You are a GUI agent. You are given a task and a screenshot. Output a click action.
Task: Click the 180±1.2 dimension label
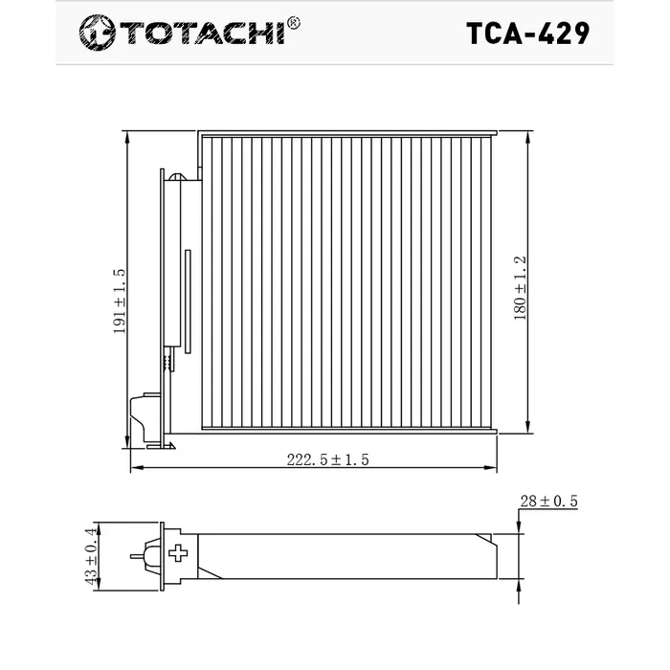click(x=521, y=285)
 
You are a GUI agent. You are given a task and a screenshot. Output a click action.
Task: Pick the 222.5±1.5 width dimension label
click(x=328, y=459)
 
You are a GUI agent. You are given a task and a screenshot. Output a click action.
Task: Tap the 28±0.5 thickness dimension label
click(x=548, y=501)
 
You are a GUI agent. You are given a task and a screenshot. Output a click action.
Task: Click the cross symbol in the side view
click(x=178, y=554)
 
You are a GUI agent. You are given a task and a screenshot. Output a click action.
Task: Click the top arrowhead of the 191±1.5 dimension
click(x=127, y=135)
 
